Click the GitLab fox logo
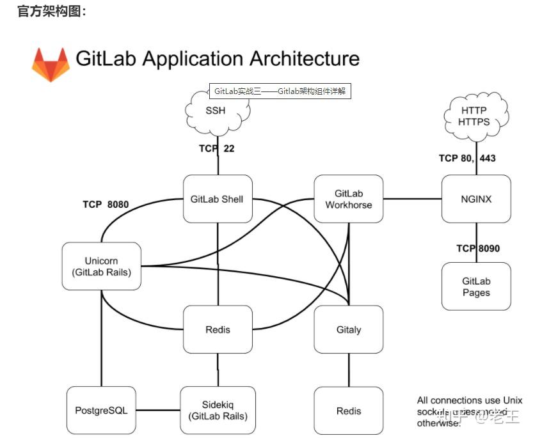tap(51, 64)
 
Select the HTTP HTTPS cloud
tap(474, 116)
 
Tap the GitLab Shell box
tap(217, 199)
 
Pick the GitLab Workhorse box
tap(348, 199)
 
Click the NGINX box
tap(476, 199)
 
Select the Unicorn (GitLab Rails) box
tap(101, 266)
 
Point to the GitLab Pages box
tap(476, 286)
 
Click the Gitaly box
tap(348, 330)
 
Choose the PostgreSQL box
tap(101, 410)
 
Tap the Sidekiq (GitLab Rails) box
tap(218, 410)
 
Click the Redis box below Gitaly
tap(348, 411)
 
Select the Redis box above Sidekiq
tap(218, 330)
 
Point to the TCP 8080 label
tap(106, 205)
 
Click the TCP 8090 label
tap(477, 248)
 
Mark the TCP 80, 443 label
tap(467, 158)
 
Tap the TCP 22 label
tap(217, 148)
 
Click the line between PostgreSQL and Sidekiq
tap(158, 410)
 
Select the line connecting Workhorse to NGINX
tap(412, 199)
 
